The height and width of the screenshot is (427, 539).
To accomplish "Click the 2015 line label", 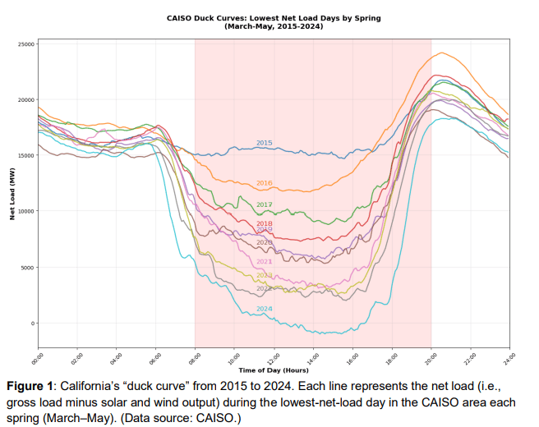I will coord(264,143).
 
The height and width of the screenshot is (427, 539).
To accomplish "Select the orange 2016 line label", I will coord(264,183).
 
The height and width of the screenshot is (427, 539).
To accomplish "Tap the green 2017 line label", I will coord(264,204).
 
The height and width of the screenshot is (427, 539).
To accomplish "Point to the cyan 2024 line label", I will coord(264,309).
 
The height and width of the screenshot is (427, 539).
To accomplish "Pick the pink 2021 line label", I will coord(264,262).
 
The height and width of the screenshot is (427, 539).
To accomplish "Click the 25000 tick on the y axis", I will coord(25,44).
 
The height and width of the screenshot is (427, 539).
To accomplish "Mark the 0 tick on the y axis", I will coord(33,324).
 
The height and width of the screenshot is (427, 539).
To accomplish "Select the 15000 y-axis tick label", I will coord(25,155).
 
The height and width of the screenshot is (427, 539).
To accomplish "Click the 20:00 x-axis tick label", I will coord(430,358).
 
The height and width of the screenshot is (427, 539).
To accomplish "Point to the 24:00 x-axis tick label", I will coord(508,358).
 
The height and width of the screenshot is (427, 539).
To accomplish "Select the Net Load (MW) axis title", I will coord(12,195).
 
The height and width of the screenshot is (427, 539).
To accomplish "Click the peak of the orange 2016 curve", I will coord(443,53).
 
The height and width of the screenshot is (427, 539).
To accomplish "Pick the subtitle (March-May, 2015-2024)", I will coord(274,27).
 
